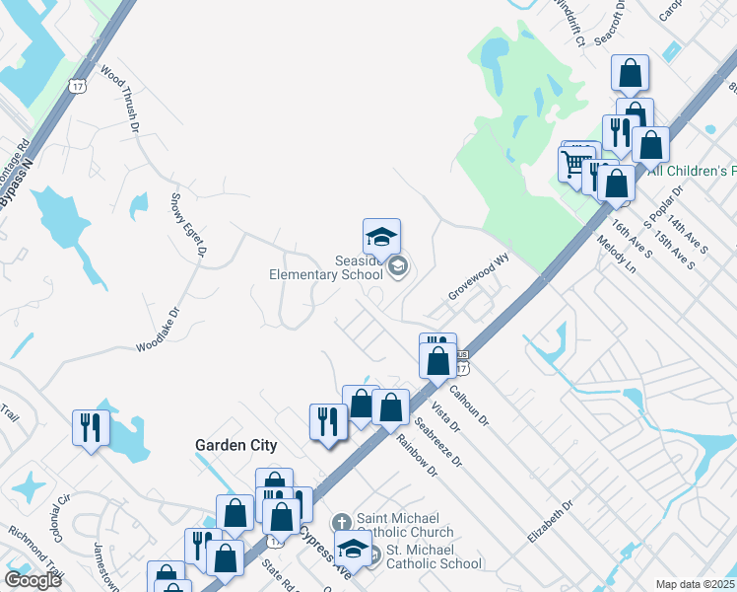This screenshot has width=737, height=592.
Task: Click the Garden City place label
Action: click(x=235, y=445)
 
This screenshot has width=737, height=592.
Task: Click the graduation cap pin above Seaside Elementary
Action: click(x=381, y=237)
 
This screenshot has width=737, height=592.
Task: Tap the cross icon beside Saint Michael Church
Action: click(x=341, y=522)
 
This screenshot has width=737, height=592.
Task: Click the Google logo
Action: click(x=33, y=580)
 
